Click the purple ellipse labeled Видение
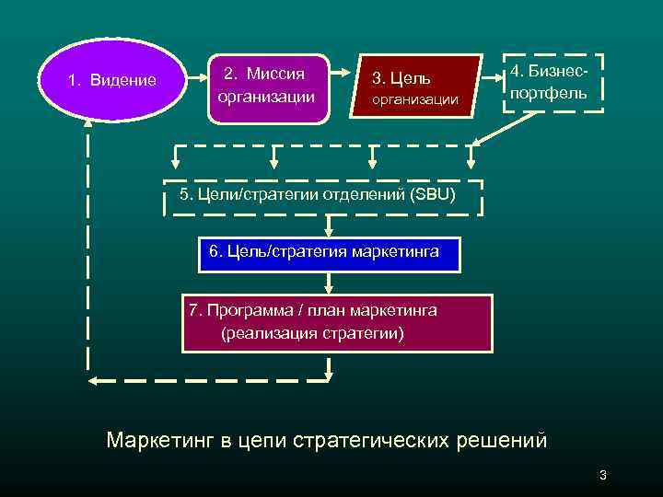click(110, 80)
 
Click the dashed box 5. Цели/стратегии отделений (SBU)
click(322, 195)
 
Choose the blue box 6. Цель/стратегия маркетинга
click(329, 252)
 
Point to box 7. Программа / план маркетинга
click(337, 323)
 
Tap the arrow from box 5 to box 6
click(329, 226)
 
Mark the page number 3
click(602, 475)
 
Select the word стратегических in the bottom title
click(372, 440)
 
